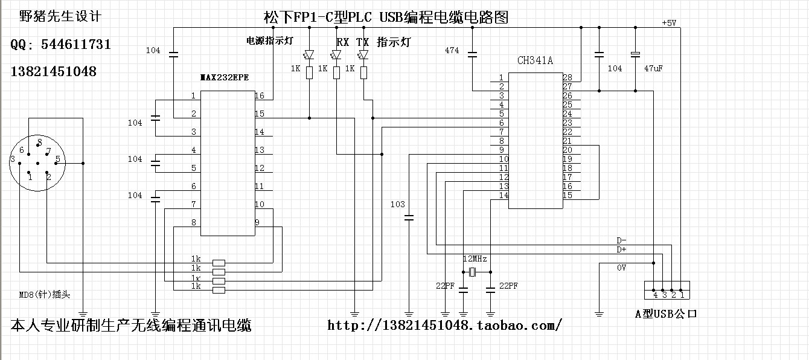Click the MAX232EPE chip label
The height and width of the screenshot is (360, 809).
point(224,78)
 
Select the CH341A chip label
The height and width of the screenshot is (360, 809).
point(535,60)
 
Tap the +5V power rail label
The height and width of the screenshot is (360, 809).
point(669,23)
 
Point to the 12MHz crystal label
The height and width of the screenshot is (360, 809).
point(475,258)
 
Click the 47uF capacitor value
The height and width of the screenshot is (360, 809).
point(654,68)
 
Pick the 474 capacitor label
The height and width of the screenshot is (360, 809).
point(452,50)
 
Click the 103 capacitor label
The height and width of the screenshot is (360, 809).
point(398,204)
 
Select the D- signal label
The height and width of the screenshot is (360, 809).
point(621,240)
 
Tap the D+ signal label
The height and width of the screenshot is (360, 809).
point(621,249)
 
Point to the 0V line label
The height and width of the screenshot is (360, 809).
point(621,268)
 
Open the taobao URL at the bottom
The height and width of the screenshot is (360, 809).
point(445,326)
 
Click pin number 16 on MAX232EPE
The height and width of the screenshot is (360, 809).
point(259,96)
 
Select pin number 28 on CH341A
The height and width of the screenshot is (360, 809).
point(567,77)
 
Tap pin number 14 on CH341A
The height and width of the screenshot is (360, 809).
point(504,195)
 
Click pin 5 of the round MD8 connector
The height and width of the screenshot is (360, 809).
point(57,160)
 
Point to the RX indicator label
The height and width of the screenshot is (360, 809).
point(342,42)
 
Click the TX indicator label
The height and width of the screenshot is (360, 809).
point(362,42)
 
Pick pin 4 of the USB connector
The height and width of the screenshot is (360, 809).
point(655,295)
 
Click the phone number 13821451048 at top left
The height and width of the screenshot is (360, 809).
point(54,71)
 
